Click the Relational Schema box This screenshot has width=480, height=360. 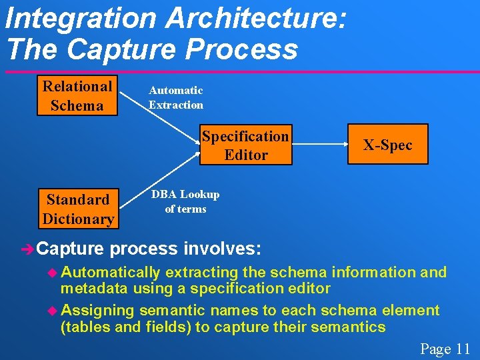click(77, 95)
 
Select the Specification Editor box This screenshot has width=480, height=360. click(245, 145)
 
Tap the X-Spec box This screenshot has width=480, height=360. click(387, 145)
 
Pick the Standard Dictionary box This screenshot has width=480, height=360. click(78, 209)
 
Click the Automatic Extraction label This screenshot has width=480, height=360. click(175, 97)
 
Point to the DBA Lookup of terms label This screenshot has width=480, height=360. click(185, 201)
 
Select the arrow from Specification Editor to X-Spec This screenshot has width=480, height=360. click(319, 145)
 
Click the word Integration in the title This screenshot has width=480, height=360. click(80, 18)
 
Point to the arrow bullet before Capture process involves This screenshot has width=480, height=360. click(27, 250)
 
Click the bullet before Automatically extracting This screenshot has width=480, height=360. click(54, 273)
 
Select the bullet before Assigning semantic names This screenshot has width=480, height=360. click(54, 311)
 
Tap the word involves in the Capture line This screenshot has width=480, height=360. click(223, 249)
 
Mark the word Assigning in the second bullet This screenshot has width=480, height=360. click(97, 311)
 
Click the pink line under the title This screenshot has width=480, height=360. click(240, 72)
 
